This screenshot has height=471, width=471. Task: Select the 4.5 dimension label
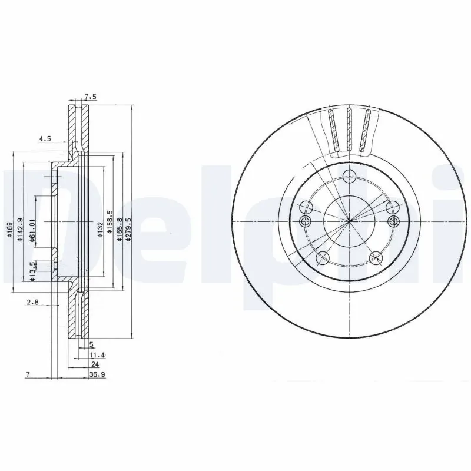tap(45, 139)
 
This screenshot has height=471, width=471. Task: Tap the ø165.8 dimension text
tap(120, 228)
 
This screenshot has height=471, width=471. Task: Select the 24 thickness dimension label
tap(95, 366)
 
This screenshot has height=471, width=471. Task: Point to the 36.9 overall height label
tap(97, 375)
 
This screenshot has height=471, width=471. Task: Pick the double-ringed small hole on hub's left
tap(305, 221)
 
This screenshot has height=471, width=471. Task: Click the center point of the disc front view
tap(350, 221)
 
